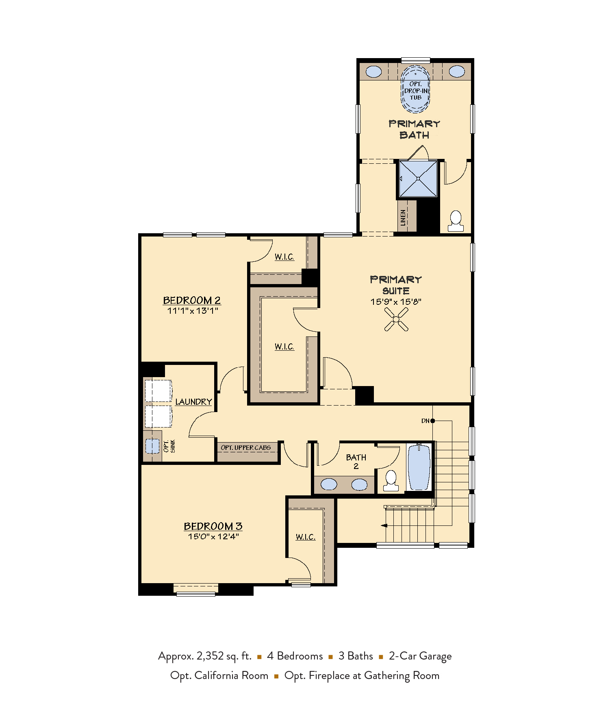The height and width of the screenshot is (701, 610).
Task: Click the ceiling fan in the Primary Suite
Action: [x=396, y=319]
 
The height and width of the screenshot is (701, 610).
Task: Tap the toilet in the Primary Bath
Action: [x=456, y=221]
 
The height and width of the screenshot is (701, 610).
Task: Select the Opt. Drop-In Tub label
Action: [x=415, y=91]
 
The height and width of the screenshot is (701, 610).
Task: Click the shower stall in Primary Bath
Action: [x=418, y=179]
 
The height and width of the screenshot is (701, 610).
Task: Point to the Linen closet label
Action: [x=403, y=217]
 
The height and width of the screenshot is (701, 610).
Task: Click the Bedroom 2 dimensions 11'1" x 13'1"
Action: [x=193, y=311]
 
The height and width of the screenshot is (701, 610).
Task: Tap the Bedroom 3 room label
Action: [x=213, y=526]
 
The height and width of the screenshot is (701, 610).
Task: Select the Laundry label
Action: [x=193, y=402]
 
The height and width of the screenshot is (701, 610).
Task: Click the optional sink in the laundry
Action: [x=152, y=446]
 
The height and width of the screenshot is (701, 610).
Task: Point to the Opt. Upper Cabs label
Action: [x=245, y=448]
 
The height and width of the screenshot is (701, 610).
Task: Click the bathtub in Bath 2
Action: [x=419, y=467]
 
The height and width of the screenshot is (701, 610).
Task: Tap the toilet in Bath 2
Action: [x=391, y=481]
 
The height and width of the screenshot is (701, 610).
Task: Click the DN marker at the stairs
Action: [x=425, y=421]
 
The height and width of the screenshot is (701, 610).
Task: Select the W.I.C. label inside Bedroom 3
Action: [x=306, y=537]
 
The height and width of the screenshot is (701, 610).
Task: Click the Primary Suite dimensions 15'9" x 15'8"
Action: [x=396, y=302]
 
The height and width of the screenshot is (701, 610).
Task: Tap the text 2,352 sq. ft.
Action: [x=224, y=656]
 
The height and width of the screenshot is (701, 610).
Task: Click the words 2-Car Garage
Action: [x=420, y=656]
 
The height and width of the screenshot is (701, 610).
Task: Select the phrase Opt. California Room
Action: [x=219, y=675]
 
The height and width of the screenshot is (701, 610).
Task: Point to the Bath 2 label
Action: [x=356, y=462]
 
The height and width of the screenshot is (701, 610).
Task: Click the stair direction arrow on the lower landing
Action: [x=384, y=525]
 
